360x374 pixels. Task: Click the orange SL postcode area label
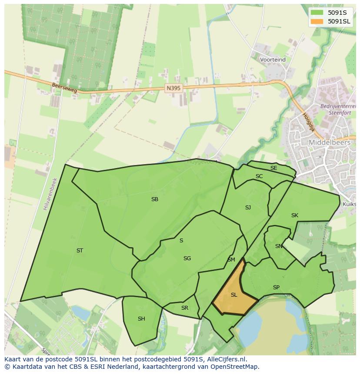tap(234, 295)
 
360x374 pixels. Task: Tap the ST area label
tap(80, 251)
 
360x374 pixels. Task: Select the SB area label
tap(155, 199)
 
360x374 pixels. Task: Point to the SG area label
tap(187, 258)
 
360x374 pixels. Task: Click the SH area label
tap(141, 319)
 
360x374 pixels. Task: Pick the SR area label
tap(185, 308)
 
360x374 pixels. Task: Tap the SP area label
tap(276, 288)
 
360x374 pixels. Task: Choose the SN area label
tap(279, 246)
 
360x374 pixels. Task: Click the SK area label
tap(295, 215)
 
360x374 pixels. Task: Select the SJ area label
tap(248, 208)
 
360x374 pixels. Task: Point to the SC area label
tap(259, 176)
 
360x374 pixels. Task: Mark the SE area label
tap(273, 168)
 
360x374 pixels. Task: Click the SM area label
tap(231, 260)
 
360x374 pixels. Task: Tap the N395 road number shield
tap(173, 88)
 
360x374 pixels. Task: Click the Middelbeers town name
tap(329, 142)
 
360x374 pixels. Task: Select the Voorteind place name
tap(273, 60)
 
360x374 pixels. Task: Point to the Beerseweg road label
tap(64, 88)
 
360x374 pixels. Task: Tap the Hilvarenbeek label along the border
tap(50, 194)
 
